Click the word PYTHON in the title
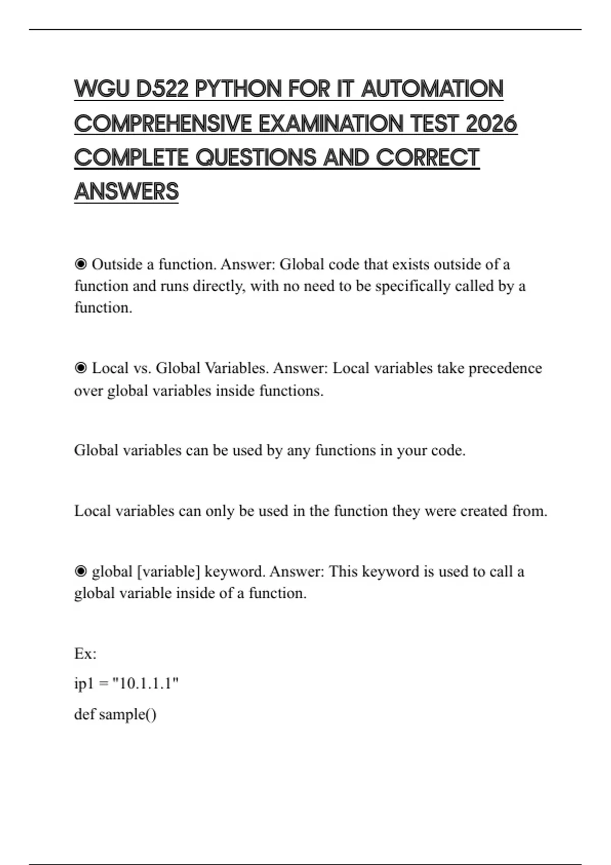[238, 89]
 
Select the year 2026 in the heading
[491, 124]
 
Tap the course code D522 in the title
[162, 89]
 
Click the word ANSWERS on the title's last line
[126, 192]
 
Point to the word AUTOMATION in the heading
[432, 89]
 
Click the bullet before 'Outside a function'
[80, 265]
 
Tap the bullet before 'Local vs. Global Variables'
[80, 368]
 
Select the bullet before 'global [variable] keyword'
[80, 572]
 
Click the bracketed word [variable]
[169, 572]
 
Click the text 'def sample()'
[115, 714]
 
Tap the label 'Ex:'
[85, 654]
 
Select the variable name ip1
[84, 683]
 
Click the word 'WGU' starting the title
[102, 89]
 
